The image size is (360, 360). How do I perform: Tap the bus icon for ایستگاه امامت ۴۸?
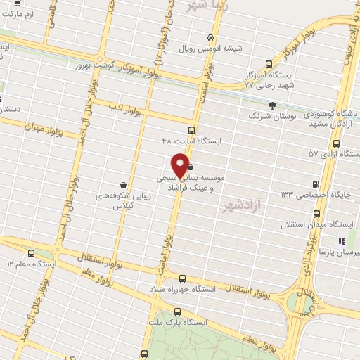tap(192, 130)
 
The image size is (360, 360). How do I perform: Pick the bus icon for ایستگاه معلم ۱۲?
tap(30, 253)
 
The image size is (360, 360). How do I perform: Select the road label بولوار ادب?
tap(126, 109)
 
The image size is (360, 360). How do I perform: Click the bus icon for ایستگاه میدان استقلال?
tap(316, 212)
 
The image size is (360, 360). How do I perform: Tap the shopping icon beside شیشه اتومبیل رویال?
tap(210, 37)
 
